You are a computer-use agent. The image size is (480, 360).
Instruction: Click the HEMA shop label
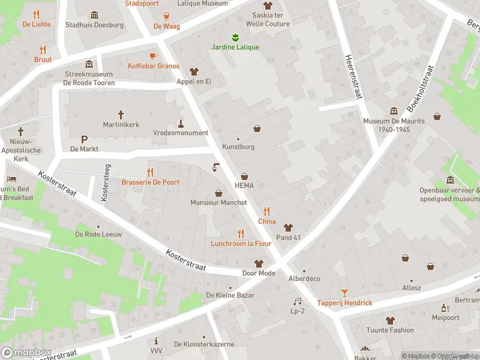(x=244, y=185)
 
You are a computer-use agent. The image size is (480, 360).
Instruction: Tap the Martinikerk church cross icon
(x=121, y=114)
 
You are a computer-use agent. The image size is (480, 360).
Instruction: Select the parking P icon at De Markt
(x=84, y=139)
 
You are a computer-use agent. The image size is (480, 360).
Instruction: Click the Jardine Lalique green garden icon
(x=235, y=37)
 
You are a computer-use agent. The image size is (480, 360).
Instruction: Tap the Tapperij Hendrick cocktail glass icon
(x=344, y=293)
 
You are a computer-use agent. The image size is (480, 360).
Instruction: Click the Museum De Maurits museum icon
(x=394, y=111)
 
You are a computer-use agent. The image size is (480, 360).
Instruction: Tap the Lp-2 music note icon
(x=297, y=301)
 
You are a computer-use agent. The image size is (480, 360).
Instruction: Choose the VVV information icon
(x=156, y=341)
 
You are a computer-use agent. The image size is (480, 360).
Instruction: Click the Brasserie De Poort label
(x=150, y=182)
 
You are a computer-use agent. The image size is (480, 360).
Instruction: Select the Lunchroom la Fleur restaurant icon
(x=241, y=233)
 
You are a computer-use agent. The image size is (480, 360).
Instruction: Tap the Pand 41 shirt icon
(x=288, y=227)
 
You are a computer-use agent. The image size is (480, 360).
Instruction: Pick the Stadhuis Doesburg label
(x=94, y=25)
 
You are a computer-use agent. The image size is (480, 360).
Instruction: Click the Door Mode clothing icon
(x=259, y=263)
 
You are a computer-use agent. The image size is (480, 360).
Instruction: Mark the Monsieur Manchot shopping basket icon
(x=218, y=193)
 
